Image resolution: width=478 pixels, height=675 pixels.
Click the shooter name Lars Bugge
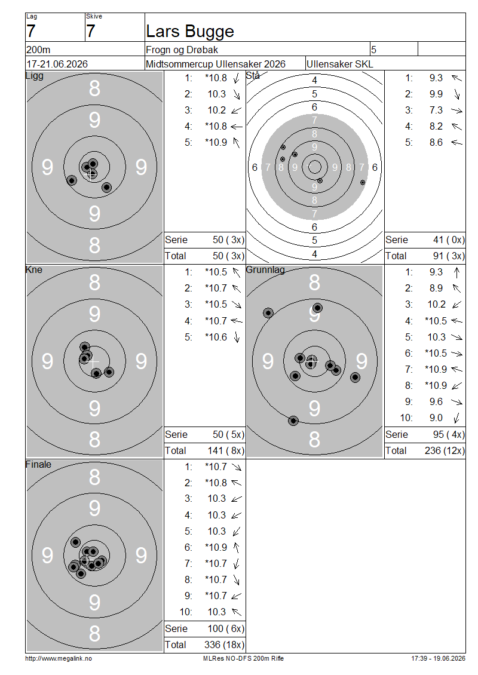click(190, 32)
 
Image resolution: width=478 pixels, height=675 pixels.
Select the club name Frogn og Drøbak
click(182, 50)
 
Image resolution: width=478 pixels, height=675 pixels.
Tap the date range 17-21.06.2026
click(57, 64)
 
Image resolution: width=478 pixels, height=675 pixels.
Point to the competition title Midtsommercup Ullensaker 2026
click(215, 64)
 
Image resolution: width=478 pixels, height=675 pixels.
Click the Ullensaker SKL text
click(339, 64)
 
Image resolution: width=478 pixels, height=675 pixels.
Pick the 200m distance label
click(38, 50)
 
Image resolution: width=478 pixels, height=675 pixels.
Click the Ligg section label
click(35, 76)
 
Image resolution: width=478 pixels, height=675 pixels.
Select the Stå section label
click(253, 76)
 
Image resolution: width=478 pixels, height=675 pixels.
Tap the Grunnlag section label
click(265, 271)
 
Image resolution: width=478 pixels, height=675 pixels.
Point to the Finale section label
click(38, 465)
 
